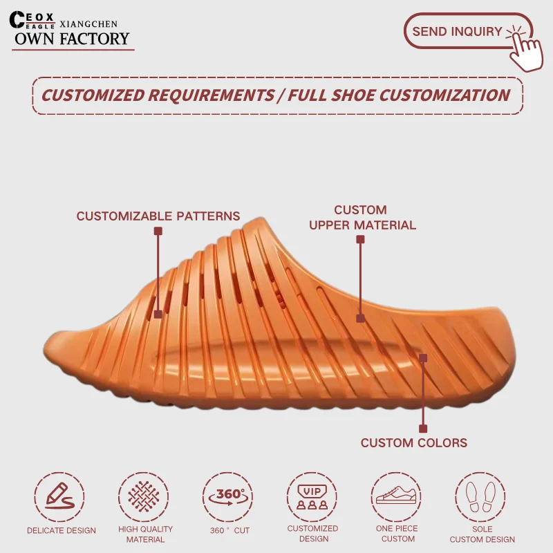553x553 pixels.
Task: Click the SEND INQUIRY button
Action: (x=457, y=31)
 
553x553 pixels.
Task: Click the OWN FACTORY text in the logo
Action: (x=72, y=39)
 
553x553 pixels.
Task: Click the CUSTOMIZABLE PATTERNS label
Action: (x=158, y=216)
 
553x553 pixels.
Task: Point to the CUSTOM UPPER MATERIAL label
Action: (x=362, y=217)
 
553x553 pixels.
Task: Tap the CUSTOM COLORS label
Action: (x=413, y=443)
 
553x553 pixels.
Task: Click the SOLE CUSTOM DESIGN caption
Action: (x=482, y=534)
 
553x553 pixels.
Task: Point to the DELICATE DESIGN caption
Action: (x=62, y=531)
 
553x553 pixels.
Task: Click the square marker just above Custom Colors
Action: (x=423, y=429)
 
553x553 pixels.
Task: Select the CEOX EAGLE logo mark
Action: (x=32, y=21)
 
